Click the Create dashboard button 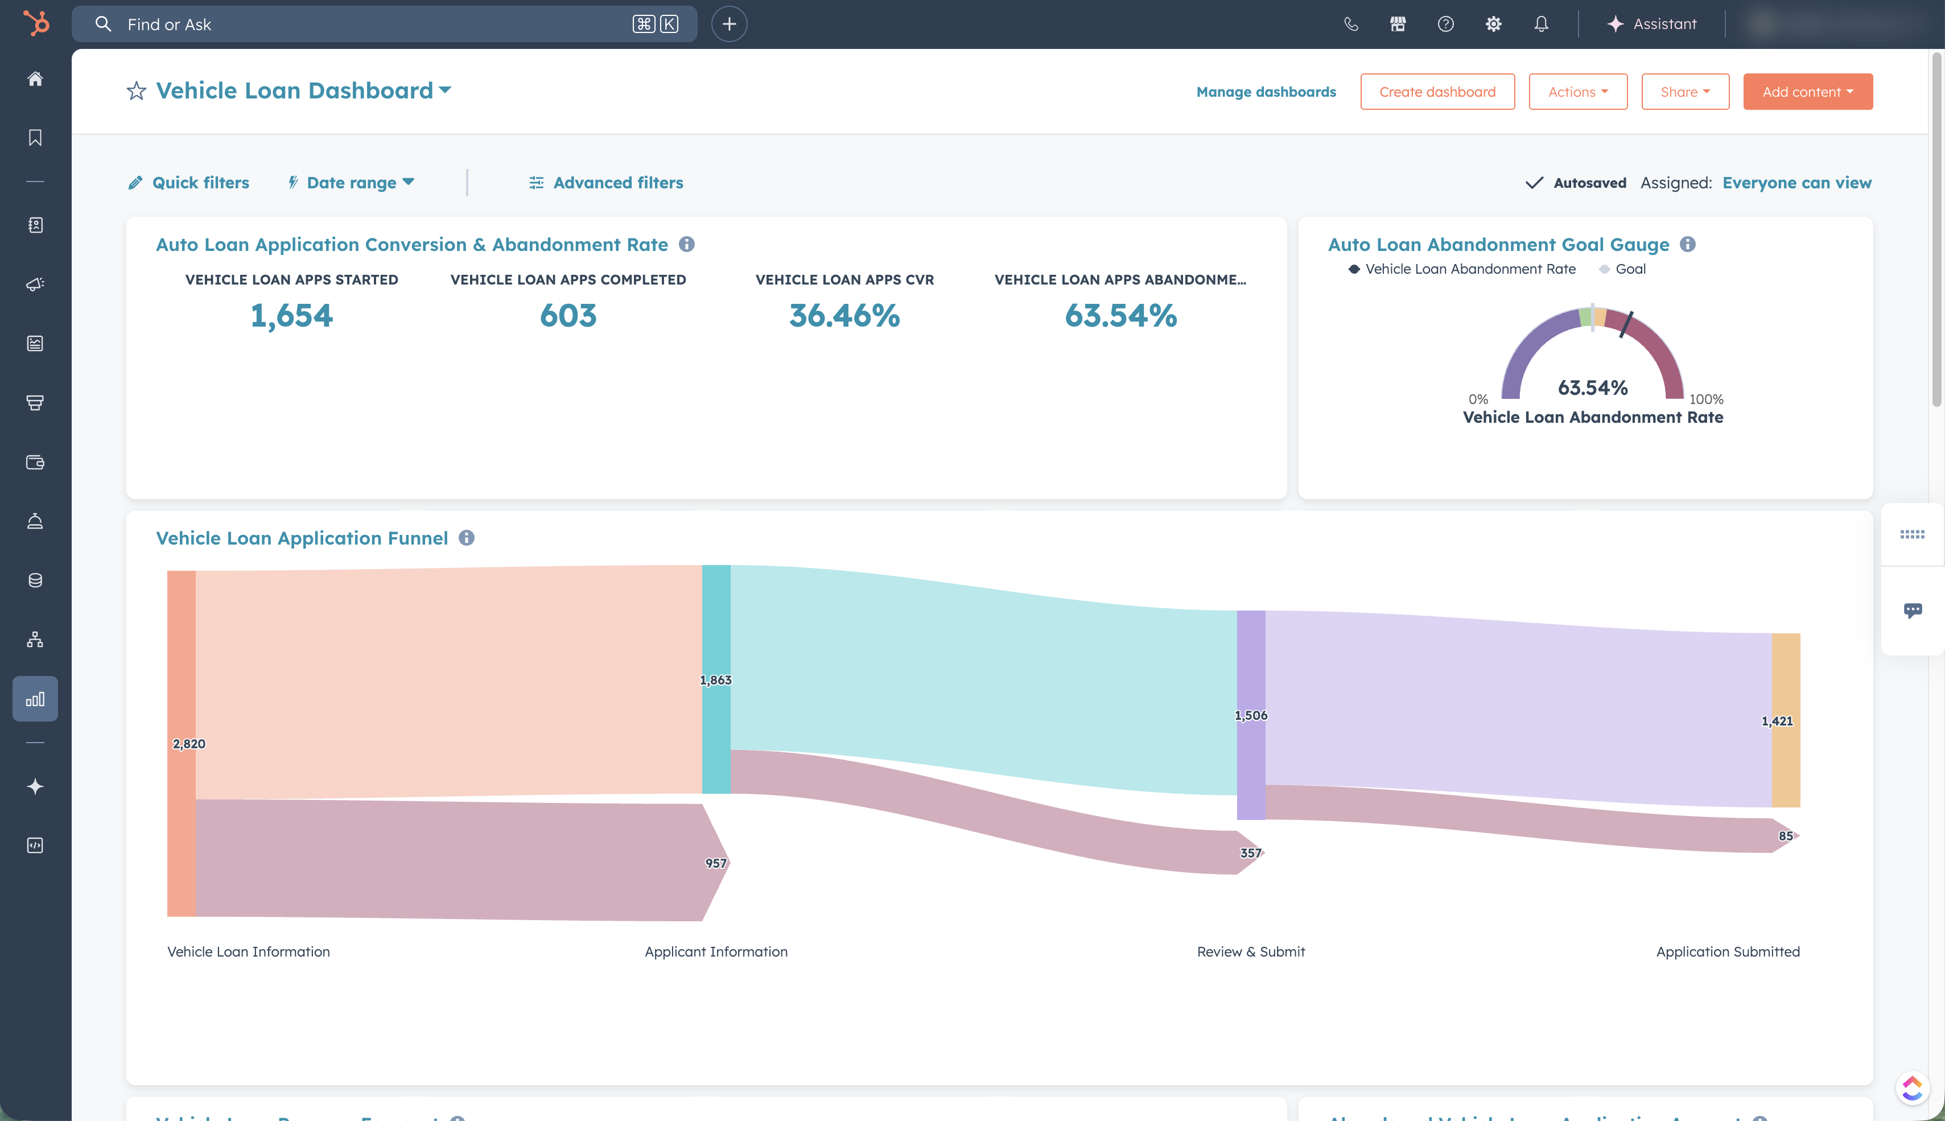[x=1436, y=92]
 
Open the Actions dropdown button [x=1577, y=92]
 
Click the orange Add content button [x=1807, y=92]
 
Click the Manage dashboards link [x=1266, y=92]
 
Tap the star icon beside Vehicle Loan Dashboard [x=136, y=92]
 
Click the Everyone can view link [x=1796, y=183]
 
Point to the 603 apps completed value [x=568, y=316]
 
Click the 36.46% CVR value [x=844, y=316]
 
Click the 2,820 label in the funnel [x=188, y=744]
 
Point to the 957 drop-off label [x=716, y=863]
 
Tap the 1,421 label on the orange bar [x=1777, y=722]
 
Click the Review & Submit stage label [x=1251, y=951]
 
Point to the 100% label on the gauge [x=1705, y=399]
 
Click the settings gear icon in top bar [x=1493, y=24]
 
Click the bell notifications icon [x=1541, y=24]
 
